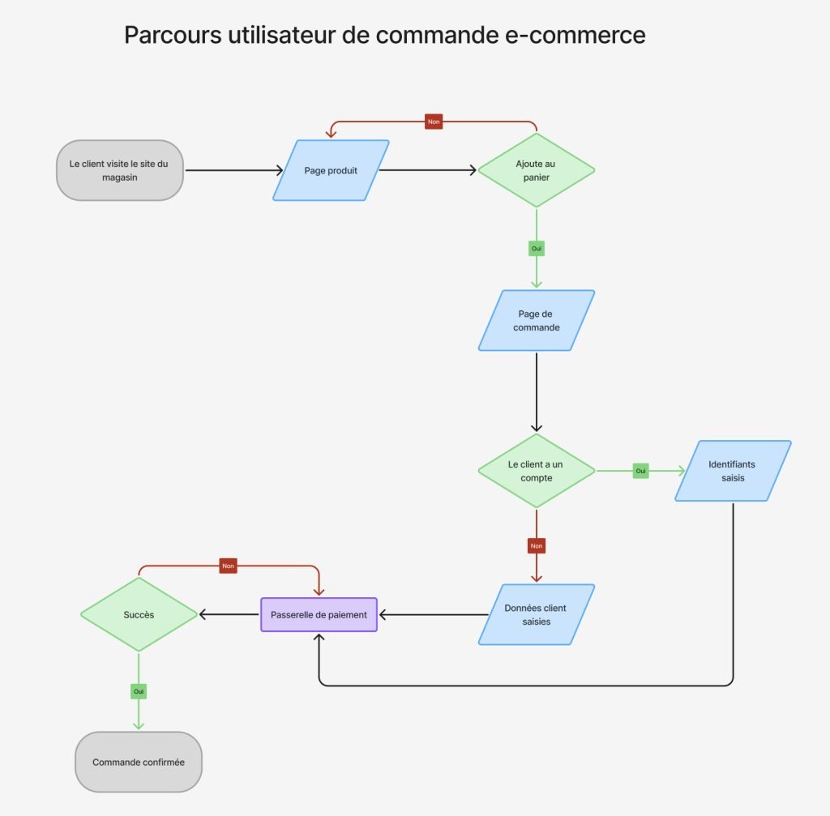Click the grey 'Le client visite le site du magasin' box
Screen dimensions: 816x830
[x=119, y=170]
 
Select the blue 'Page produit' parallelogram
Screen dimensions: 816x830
[x=331, y=170]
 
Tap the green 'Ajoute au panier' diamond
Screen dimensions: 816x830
[x=536, y=170]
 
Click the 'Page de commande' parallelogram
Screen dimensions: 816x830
[x=536, y=321]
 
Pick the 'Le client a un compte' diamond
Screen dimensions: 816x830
[x=536, y=471]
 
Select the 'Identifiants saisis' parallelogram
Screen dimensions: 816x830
[x=732, y=471]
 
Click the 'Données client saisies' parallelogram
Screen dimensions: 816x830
[x=536, y=614]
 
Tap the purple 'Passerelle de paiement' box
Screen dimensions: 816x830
[x=319, y=614]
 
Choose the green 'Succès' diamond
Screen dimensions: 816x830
[x=139, y=614]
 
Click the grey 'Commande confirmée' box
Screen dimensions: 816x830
[x=138, y=762]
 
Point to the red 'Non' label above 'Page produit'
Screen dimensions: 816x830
[x=434, y=122]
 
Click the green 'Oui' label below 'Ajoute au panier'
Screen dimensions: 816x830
[x=536, y=249]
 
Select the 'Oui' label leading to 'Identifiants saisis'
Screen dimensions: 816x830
[x=640, y=471]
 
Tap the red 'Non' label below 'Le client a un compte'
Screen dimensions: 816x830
[x=536, y=546]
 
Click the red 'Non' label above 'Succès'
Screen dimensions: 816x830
[x=228, y=566]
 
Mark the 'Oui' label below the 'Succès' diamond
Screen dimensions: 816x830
[x=139, y=691]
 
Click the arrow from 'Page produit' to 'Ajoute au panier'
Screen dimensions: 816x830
[x=428, y=170]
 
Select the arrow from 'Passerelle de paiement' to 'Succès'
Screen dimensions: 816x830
[x=229, y=614]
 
